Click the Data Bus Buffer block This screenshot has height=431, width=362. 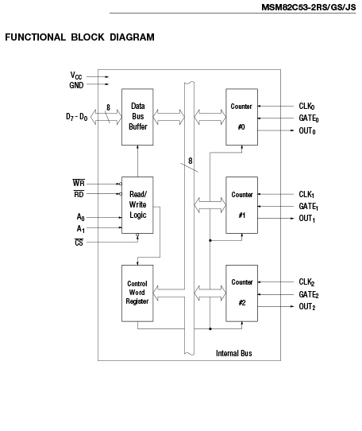(x=137, y=117)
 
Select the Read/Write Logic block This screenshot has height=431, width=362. (x=137, y=205)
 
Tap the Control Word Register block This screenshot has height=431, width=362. (x=137, y=293)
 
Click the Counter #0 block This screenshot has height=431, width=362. (x=241, y=117)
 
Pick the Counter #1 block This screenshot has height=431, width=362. (x=241, y=205)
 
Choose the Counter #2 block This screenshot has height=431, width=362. (x=241, y=293)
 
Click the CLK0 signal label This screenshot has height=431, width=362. (x=306, y=106)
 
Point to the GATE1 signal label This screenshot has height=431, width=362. (x=309, y=207)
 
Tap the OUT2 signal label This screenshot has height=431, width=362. (x=307, y=306)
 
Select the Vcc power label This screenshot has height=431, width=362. (x=76, y=76)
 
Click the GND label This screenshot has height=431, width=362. (x=76, y=85)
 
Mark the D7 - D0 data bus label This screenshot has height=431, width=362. (x=76, y=117)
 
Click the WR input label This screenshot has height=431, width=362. (x=79, y=183)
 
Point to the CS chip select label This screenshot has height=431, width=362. (x=79, y=243)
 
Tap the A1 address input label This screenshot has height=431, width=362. (x=81, y=229)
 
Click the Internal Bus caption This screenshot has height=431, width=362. (x=234, y=353)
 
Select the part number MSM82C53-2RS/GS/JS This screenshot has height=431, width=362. (x=309, y=7)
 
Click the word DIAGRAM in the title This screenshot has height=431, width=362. (x=132, y=37)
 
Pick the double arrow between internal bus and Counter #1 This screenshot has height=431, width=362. (x=210, y=205)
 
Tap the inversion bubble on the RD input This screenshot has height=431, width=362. (x=121, y=194)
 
